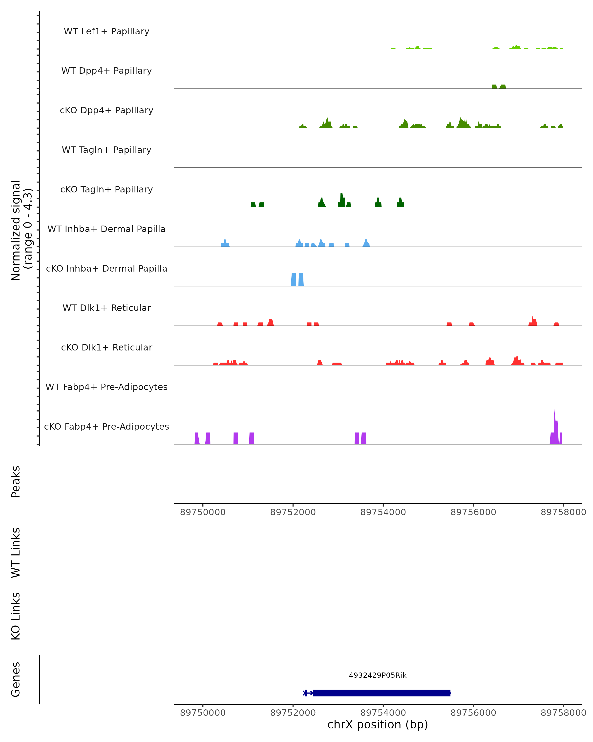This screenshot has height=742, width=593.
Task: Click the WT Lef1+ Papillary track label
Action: (x=106, y=31)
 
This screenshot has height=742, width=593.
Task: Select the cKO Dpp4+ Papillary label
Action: (x=106, y=111)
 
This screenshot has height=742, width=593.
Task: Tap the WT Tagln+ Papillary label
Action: (x=106, y=150)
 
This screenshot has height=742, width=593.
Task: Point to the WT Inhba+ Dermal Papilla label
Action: (x=106, y=229)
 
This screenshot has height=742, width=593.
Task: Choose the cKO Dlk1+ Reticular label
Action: (x=106, y=348)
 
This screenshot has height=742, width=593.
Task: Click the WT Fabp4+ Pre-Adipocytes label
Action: (x=106, y=387)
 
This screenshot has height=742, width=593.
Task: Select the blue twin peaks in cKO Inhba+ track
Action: (x=297, y=280)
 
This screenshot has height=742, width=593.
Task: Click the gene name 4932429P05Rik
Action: (x=378, y=675)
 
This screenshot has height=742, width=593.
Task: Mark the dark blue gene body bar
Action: (x=381, y=693)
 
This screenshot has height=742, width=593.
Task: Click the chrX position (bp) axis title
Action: (x=378, y=724)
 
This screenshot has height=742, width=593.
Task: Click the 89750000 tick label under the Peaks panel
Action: (x=203, y=512)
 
